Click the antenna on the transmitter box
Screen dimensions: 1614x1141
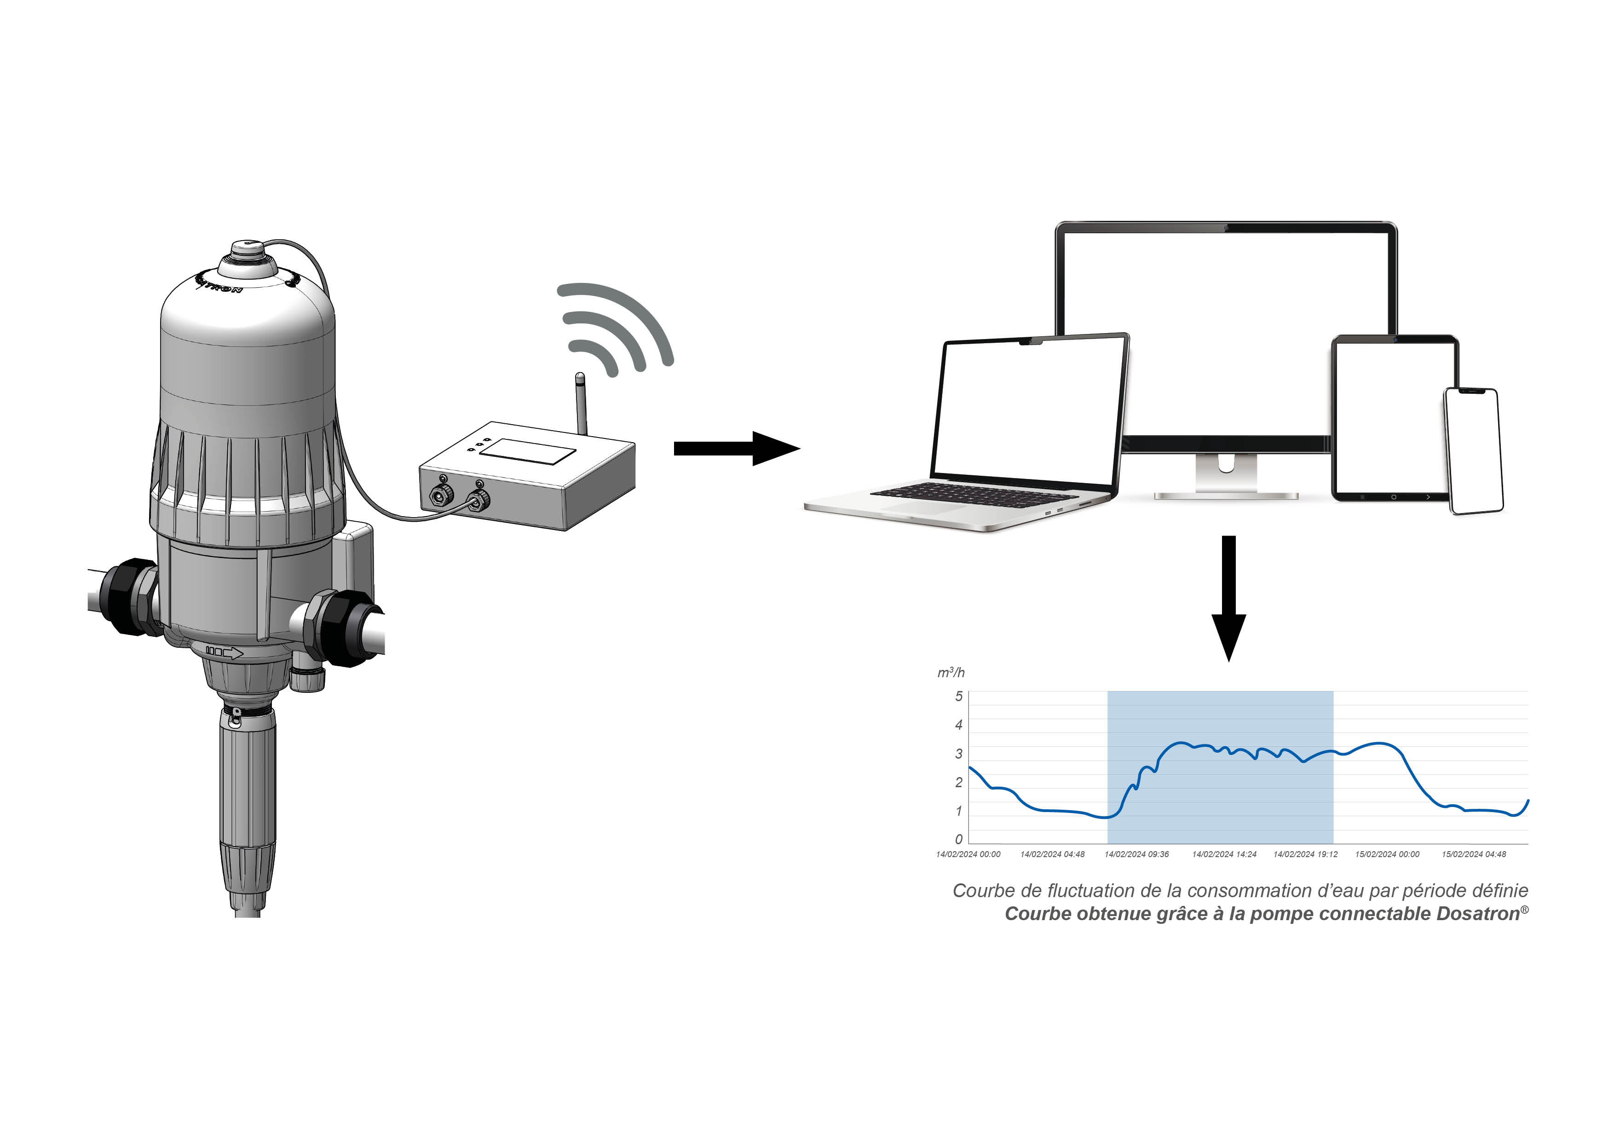tap(581, 403)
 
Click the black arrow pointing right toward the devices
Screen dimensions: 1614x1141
tap(737, 449)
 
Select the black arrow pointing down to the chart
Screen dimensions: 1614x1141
tap(1228, 598)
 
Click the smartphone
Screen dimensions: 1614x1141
tap(1473, 450)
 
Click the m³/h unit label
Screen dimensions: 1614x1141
tap(951, 673)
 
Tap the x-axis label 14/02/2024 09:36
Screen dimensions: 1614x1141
tap(1137, 854)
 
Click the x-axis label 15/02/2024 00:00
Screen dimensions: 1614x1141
tap(1387, 854)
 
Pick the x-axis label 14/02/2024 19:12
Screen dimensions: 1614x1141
tap(1305, 854)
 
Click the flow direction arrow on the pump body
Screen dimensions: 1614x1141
tap(224, 652)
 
